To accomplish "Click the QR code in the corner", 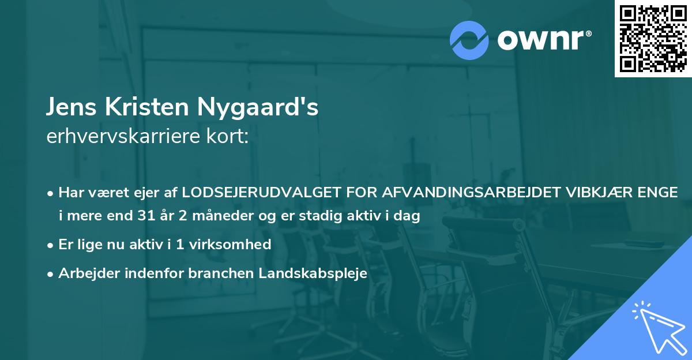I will (x=653, y=38).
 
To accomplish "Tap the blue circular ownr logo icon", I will (x=468, y=39).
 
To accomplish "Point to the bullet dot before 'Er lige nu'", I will (x=51, y=245).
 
